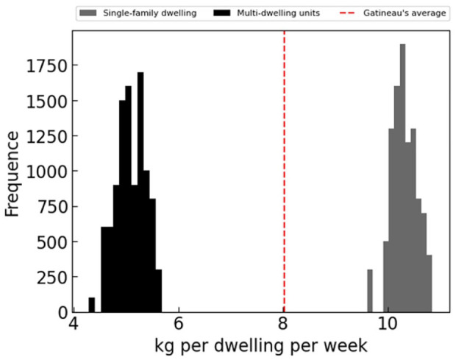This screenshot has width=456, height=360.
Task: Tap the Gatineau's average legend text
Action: click(409, 13)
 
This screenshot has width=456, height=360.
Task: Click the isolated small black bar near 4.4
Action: click(92, 304)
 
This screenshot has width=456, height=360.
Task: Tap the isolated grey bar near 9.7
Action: click(370, 290)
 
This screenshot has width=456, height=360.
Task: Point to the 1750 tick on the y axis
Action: click(48, 66)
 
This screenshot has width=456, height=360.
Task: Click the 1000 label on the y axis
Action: click(48, 172)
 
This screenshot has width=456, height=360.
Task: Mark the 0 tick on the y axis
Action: click(63, 311)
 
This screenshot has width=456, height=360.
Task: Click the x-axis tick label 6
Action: click(179, 324)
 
